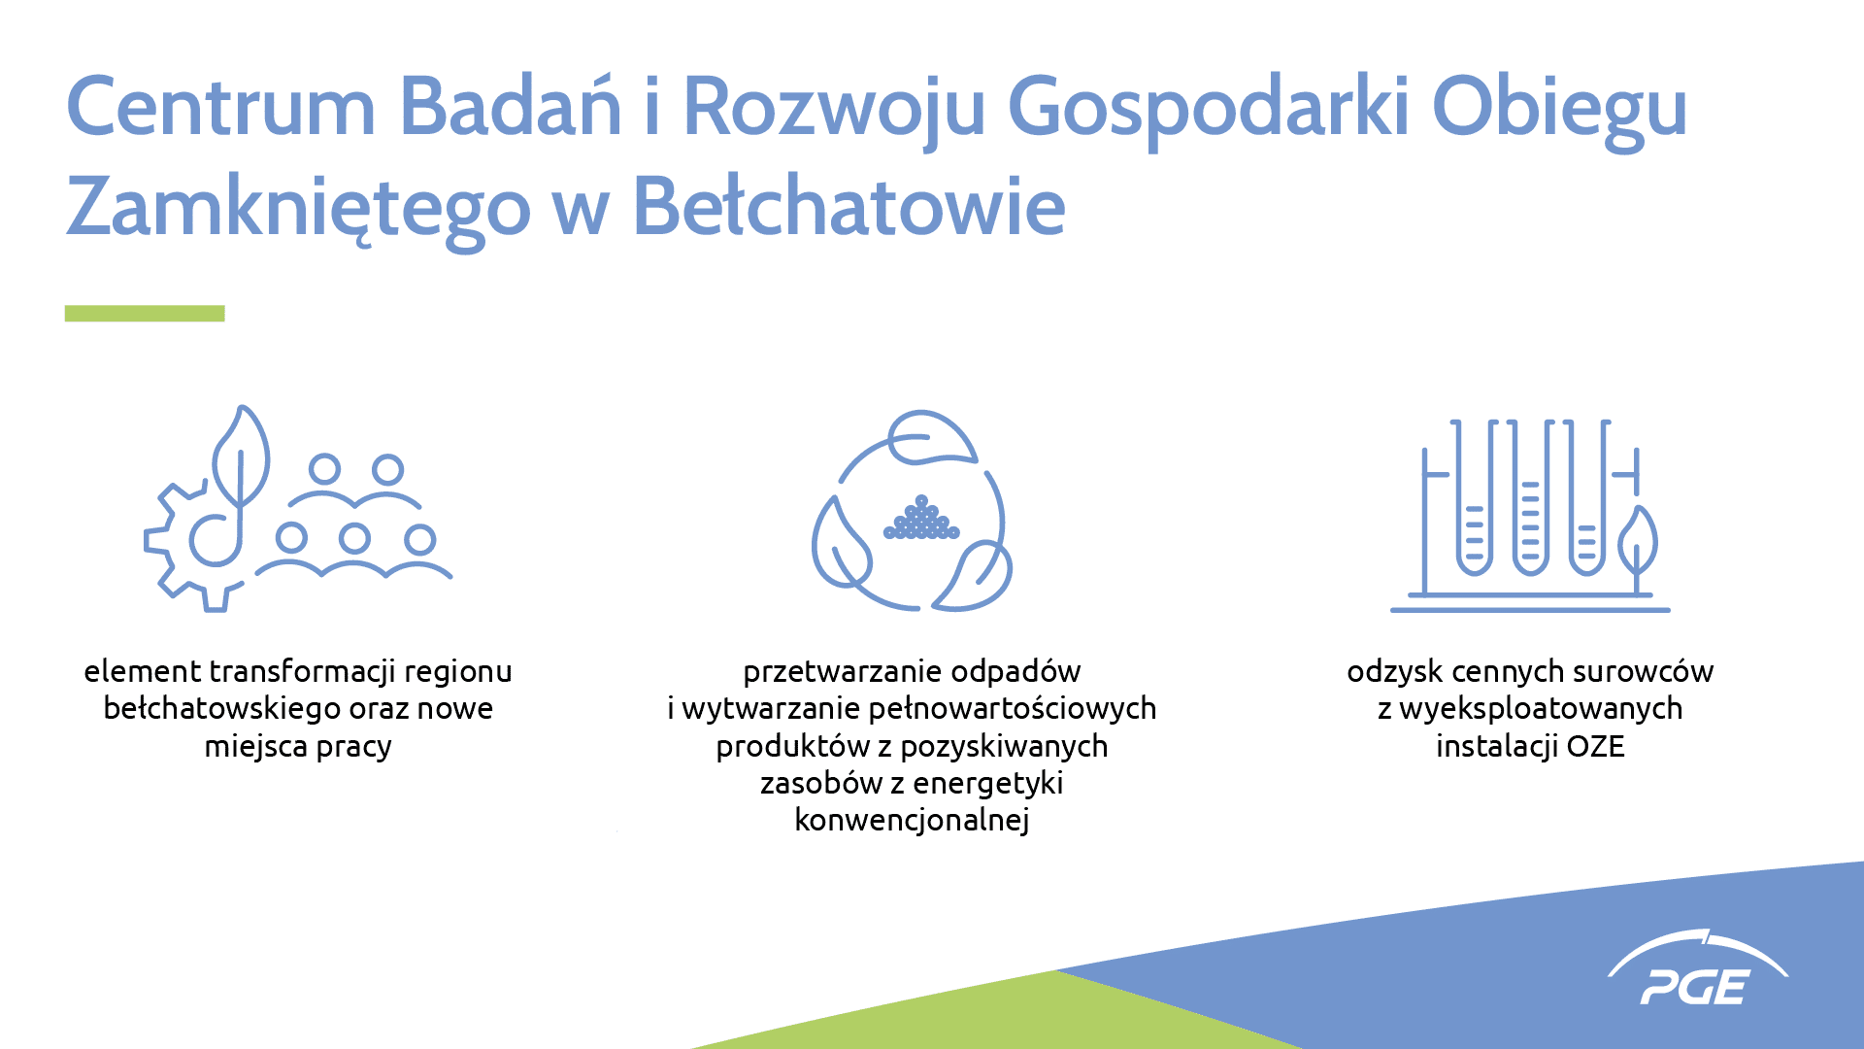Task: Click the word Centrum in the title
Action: click(x=220, y=106)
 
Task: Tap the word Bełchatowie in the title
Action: click(x=849, y=206)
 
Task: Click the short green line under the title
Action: click(x=145, y=313)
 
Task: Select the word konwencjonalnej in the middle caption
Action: click(x=912, y=820)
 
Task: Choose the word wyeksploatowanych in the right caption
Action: click(x=1541, y=709)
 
